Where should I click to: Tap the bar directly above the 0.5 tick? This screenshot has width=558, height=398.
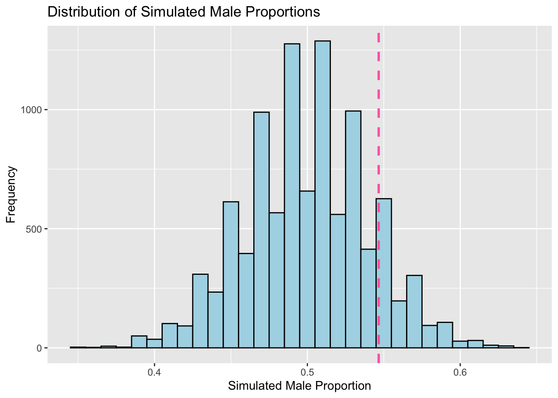pos(307,269)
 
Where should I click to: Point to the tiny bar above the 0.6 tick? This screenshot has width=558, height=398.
pos(460,345)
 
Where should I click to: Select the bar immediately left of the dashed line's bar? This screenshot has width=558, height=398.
pos(368,298)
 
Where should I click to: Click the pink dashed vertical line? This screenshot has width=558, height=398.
pos(379,124)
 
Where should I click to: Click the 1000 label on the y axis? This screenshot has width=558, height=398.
pos(32,110)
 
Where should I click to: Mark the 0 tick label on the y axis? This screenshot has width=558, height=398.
pos(40,348)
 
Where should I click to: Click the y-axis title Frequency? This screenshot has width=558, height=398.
pos(11,194)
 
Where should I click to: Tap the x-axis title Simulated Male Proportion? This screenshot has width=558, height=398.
pos(299,386)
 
